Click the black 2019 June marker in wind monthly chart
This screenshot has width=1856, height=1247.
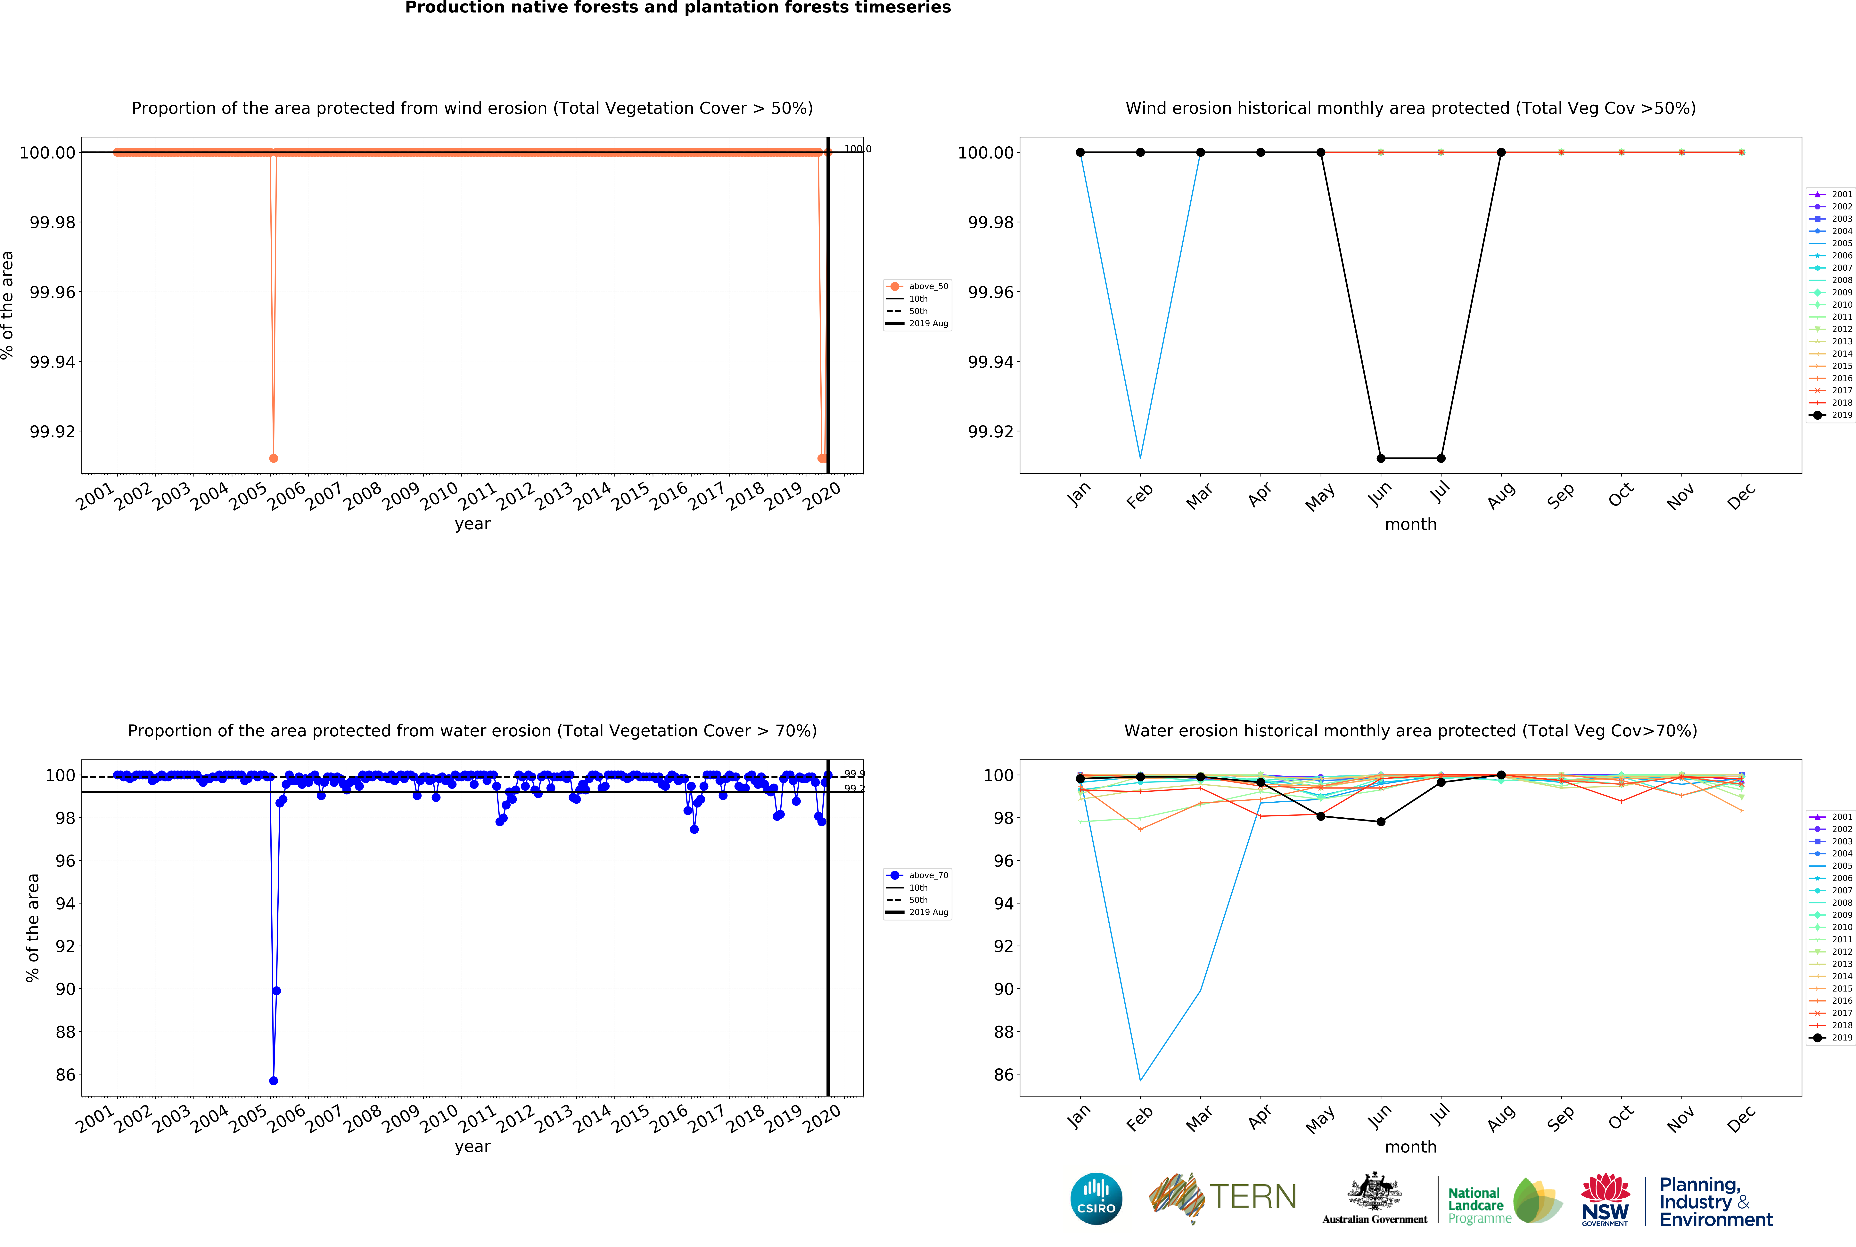point(1381,458)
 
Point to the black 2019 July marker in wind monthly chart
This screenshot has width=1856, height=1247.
point(1441,458)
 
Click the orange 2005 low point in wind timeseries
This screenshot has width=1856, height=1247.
point(274,458)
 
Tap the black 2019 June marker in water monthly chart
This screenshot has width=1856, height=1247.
point(1381,822)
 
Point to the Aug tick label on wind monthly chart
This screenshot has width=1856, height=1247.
point(1500,495)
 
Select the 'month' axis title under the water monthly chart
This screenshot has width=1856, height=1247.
point(1410,1147)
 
